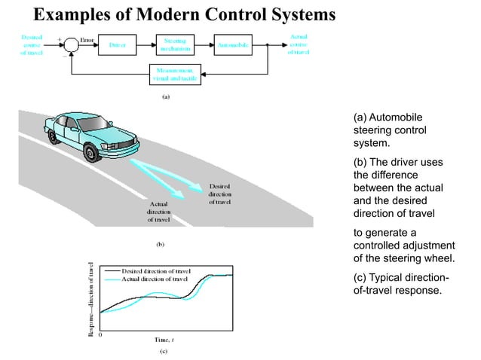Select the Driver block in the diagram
(118, 45)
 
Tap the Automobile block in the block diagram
(235, 45)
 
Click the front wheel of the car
(93, 154)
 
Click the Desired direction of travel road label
(219, 194)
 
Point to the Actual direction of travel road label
(158, 212)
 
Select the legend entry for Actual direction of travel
(155, 279)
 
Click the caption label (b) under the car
(160, 244)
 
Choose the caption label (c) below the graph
(162, 351)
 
